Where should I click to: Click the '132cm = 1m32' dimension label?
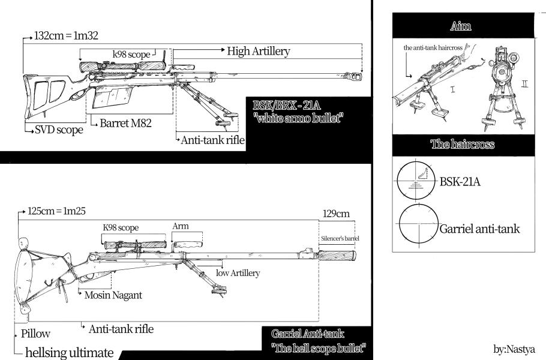click(x=66, y=35)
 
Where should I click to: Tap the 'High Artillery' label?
click(x=259, y=51)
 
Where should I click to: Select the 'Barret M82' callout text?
click(x=125, y=123)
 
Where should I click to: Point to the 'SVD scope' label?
click(x=59, y=130)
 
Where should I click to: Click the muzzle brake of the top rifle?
click(x=354, y=76)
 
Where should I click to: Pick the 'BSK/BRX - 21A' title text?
click(x=286, y=105)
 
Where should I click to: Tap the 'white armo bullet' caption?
click(x=299, y=118)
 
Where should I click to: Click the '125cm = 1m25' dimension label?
click(x=56, y=211)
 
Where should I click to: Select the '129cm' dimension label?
click(x=336, y=214)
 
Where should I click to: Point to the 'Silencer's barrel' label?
click(x=340, y=238)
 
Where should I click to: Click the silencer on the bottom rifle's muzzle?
click(x=337, y=255)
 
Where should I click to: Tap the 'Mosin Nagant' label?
click(x=113, y=295)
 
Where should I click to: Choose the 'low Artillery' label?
click(x=238, y=273)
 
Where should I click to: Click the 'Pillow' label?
click(x=35, y=334)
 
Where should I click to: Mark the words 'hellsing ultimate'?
click(x=69, y=352)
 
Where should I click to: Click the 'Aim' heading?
click(x=460, y=26)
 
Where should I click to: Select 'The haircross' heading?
click(x=462, y=144)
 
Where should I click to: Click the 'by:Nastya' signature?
click(x=514, y=349)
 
